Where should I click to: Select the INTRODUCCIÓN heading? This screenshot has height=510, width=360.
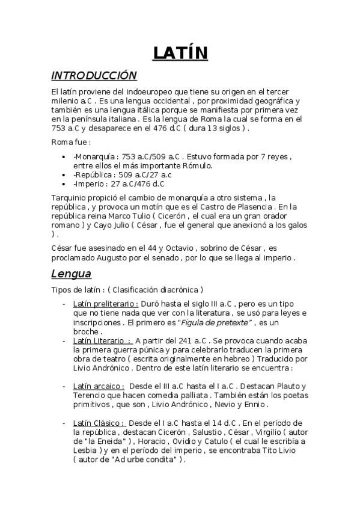coord(94,76)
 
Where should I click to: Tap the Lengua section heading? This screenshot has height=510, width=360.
coord(70,274)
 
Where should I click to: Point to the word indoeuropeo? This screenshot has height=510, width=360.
coord(135,91)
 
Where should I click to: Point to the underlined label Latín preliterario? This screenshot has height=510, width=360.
coord(106,304)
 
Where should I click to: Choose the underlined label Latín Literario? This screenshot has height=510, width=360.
coord(102,340)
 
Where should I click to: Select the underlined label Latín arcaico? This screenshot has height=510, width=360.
coord(99,386)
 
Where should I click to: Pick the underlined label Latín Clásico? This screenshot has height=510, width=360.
coord(99,423)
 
